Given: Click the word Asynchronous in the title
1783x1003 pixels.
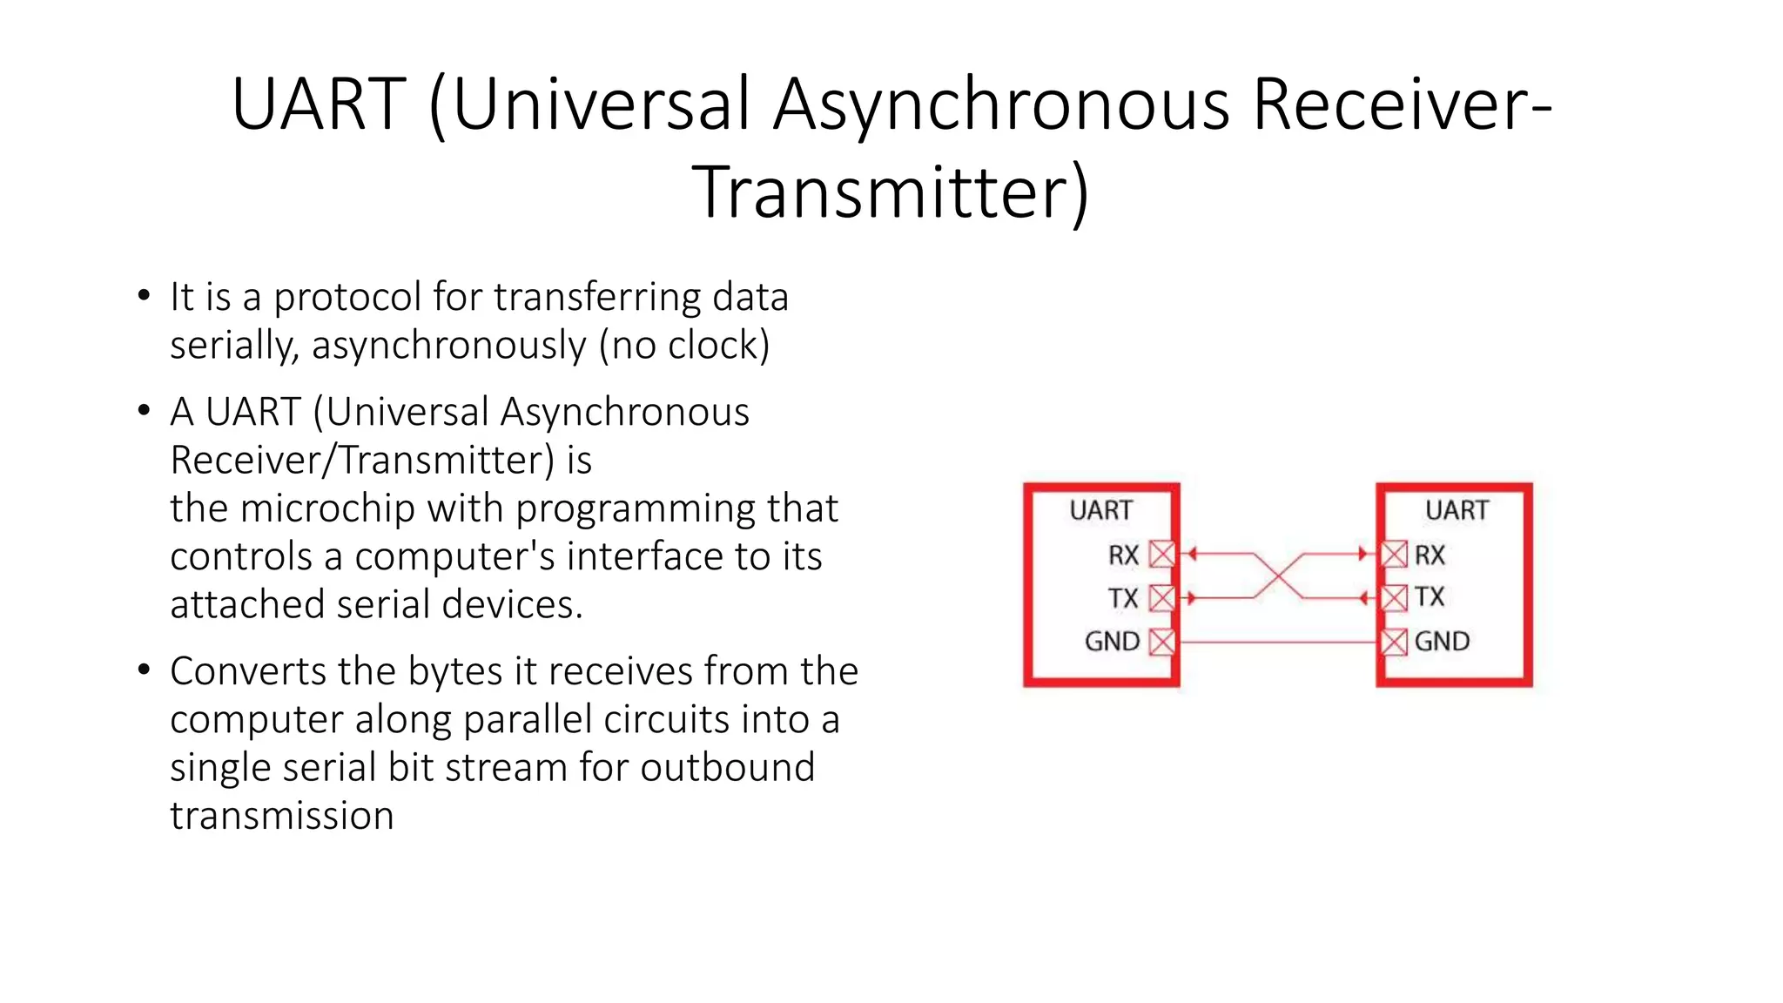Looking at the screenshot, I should click(1001, 104).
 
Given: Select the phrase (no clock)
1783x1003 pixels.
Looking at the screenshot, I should click(684, 346).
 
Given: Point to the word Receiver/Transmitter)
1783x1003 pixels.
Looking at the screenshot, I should click(361, 461).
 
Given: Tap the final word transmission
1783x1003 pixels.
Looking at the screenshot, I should click(281, 817).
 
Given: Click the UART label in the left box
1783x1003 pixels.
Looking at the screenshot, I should click(1100, 510).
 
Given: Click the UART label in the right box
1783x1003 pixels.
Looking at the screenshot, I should click(1457, 510).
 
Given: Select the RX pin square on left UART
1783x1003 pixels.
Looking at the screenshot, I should click(1161, 554).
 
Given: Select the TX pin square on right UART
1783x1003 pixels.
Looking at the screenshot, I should click(1394, 598).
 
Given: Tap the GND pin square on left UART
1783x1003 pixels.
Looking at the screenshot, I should click(1161, 643).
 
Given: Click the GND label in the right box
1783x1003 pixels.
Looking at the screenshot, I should click(1442, 642).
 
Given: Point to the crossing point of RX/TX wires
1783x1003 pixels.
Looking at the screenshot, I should click(1279, 576).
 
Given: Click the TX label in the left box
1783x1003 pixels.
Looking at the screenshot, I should click(1122, 598).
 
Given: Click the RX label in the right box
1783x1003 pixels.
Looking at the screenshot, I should click(1429, 555).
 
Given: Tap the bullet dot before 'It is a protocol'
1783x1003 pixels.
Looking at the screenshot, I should click(144, 296).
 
